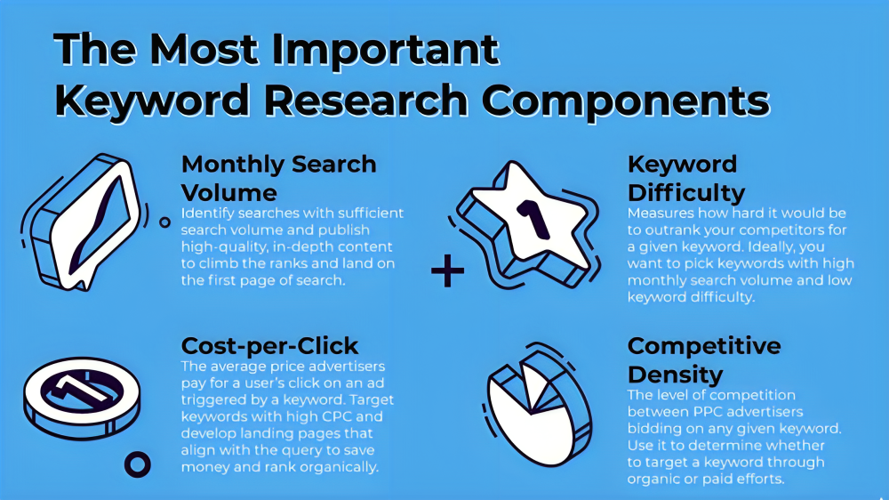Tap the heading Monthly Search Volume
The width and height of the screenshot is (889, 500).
pyautogui.click(x=278, y=178)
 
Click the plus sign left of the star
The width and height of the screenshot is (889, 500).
pyautogui.click(x=448, y=272)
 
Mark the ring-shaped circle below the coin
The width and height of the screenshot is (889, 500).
pyautogui.click(x=138, y=463)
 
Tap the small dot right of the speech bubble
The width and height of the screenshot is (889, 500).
pyautogui.click(x=164, y=222)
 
